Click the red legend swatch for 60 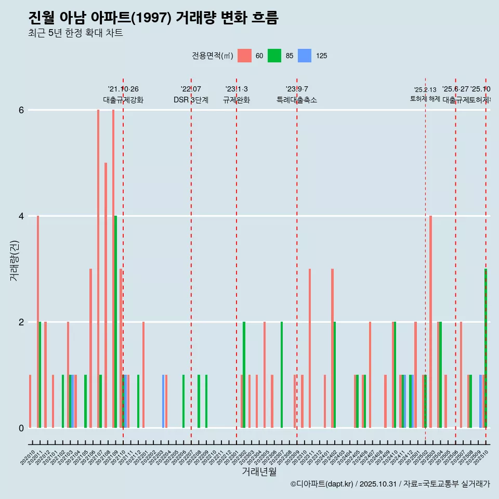click(x=244, y=56)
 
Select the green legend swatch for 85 click(x=274, y=56)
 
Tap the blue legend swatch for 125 click(x=305, y=56)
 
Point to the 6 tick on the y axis click(x=21, y=110)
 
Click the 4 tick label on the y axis click(x=21, y=216)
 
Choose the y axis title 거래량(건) click(x=14, y=260)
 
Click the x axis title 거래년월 click(x=259, y=471)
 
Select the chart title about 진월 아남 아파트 click(x=154, y=18)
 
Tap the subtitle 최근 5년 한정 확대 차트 click(x=76, y=33)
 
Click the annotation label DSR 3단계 click(x=191, y=100)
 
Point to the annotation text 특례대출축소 click(x=296, y=100)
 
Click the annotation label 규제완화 click(x=237, y=100)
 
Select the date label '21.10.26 click(x=123, y=89)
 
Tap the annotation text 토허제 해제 click(x=425, y=99)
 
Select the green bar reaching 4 click(x=115, y=322)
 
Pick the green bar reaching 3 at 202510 click(x=485, y=348)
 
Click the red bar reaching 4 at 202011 click(x=38, y=322)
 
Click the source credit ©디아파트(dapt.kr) click(x=322, y=484)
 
